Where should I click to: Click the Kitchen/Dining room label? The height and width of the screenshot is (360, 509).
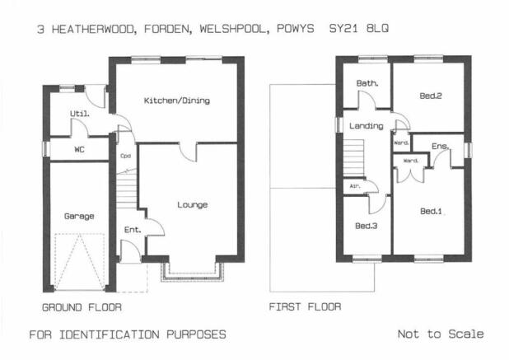click(x=177, y=101)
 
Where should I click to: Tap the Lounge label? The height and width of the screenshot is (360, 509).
click(x=193, y=205)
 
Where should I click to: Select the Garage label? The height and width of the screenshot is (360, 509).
click(x=79, y=216)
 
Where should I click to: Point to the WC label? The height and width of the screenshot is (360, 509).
click(x=80, y=150)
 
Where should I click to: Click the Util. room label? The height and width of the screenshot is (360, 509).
click(x=80, y=114)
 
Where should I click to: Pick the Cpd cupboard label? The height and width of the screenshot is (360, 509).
click(x=126, y=156)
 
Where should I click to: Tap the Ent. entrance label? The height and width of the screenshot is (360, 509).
click(x=133, y=230)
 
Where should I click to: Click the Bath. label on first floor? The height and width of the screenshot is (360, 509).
click(x=367, y=83)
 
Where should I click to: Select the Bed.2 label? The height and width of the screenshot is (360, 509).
click(x=431, y=96)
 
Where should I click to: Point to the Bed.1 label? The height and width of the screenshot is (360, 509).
click(x=431, y=212)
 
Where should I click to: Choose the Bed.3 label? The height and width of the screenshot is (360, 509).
click(x=367, y=226)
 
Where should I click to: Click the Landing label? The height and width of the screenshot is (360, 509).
click(x=367, y=126)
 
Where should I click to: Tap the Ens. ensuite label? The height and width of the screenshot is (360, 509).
click(x=440, y=147)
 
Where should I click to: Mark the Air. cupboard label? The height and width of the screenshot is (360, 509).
click(x=355, y=186)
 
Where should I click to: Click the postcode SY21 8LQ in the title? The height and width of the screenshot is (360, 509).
click(x=359, y=29)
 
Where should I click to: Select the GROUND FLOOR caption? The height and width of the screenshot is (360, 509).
click(x=82, y=307)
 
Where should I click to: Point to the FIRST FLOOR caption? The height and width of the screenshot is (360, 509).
click(x=305, y=306)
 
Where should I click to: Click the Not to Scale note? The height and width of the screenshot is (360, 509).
click(x=441, y=334)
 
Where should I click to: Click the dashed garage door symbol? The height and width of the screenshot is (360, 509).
click(x=80, y=262)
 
